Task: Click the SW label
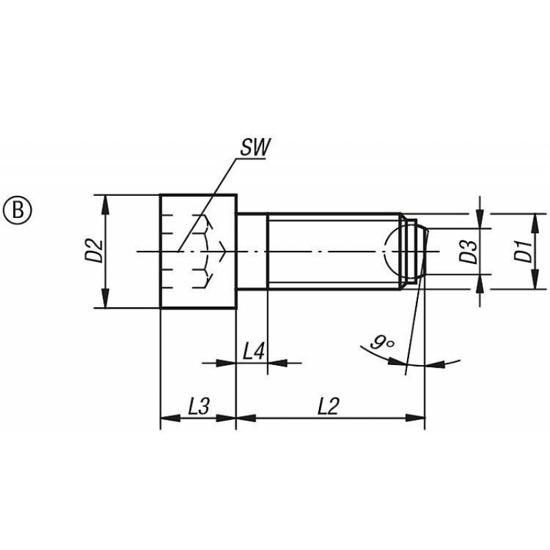[255, 147]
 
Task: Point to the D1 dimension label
[522, 251]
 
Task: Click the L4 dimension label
[253, 352]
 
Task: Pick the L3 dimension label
[199, 407]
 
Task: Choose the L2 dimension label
[329, 407]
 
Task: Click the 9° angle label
[382, 342]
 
